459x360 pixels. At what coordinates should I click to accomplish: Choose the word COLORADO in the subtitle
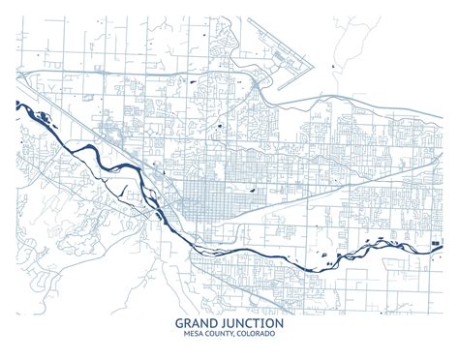(x=255, y=334)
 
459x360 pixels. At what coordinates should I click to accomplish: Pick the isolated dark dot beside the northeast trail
(x=333, y=65)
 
